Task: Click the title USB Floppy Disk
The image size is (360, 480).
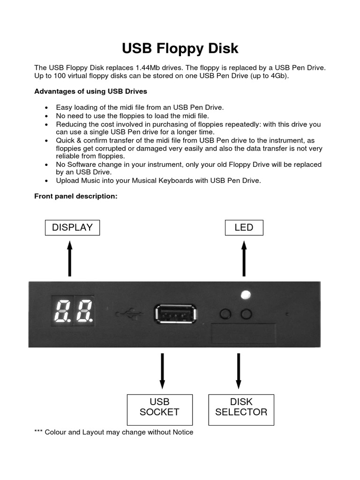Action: pyautogui.click(x=180, y=48)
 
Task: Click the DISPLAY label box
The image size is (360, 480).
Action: pyautogui.click(x=72, y=228)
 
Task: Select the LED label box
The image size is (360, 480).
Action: pyautogui.click(x=244, y=228)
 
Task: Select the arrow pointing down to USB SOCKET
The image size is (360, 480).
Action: pyautogui.click(x=162, y=371)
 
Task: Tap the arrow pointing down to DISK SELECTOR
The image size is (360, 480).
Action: pyautogui.click(x=239, y=371)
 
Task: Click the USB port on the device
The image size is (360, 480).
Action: pyautogui.click(x=174, y=314)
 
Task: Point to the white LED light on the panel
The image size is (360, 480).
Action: pyautogui.click(x=245, y=295)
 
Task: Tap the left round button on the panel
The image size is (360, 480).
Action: pyautogui.click(x=225, y=314)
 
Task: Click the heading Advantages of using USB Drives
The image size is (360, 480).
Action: pyautogui.click(x=90, y=91)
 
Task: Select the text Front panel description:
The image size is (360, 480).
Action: pyautogui.click(x=75, y=196)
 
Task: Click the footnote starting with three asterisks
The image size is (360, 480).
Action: pyautogui.click(x=114, y=432)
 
